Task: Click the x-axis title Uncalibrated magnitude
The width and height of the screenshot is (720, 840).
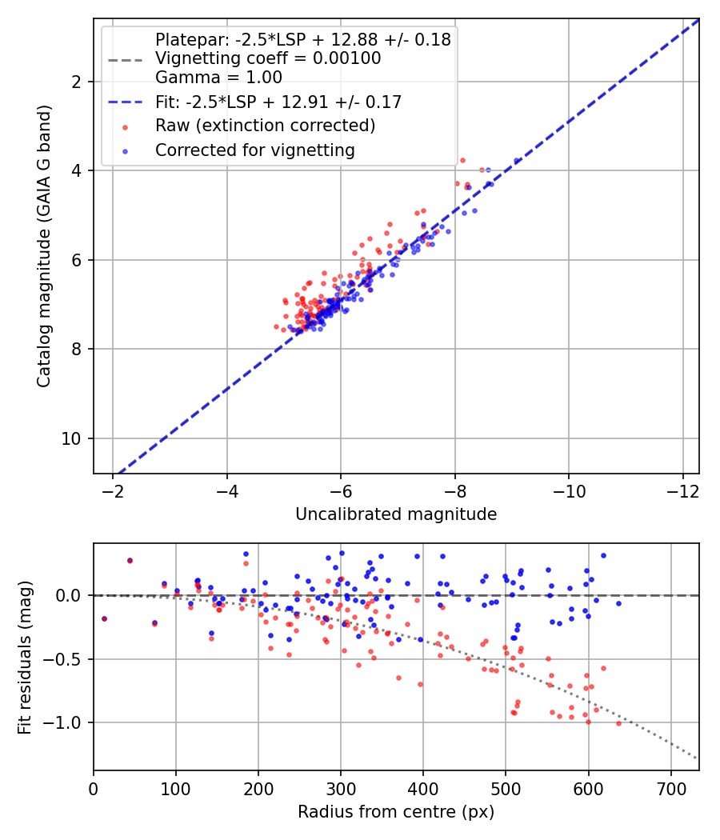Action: pos(396,514)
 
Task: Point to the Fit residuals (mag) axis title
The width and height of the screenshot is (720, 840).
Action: pos(25,656)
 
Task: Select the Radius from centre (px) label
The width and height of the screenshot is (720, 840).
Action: pos(396,812)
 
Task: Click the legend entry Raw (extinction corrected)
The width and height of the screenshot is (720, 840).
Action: pos(265,126)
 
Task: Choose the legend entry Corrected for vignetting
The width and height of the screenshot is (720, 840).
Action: pos(254,150)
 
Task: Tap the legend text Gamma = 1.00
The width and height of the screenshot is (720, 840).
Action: pos(218,78)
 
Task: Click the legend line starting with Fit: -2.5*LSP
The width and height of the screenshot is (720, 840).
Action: pos(278,102)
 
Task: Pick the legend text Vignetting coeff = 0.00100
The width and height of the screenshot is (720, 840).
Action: pos(268,58)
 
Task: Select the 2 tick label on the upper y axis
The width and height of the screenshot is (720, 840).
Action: pos(78,82)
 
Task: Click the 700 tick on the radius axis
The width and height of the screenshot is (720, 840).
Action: pos(671,787)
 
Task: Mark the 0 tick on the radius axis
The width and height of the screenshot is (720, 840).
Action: pos(94,787)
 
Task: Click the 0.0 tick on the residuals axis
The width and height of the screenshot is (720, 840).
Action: pos(71,595)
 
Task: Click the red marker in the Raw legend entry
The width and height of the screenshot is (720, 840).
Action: pos(125,126)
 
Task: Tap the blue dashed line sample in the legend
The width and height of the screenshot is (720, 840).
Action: pos(125,102)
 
